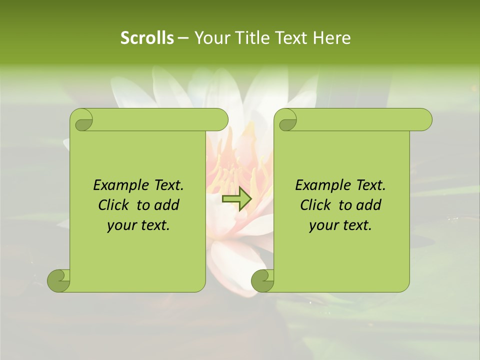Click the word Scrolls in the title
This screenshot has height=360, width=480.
coord(147,38)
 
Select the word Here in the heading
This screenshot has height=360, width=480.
coord(331,38)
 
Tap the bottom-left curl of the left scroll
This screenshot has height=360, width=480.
coord(58,280)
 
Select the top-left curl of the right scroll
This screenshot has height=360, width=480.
coord(286,120)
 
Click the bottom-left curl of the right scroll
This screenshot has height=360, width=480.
coord(262,280)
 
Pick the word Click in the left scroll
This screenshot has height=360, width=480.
coord(114,205)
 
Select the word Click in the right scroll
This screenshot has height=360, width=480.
coord(316,205)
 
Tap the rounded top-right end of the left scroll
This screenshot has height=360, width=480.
coord(220,119)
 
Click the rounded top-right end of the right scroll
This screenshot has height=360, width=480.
coord(424,119)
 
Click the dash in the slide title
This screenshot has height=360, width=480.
coord(183,38)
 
